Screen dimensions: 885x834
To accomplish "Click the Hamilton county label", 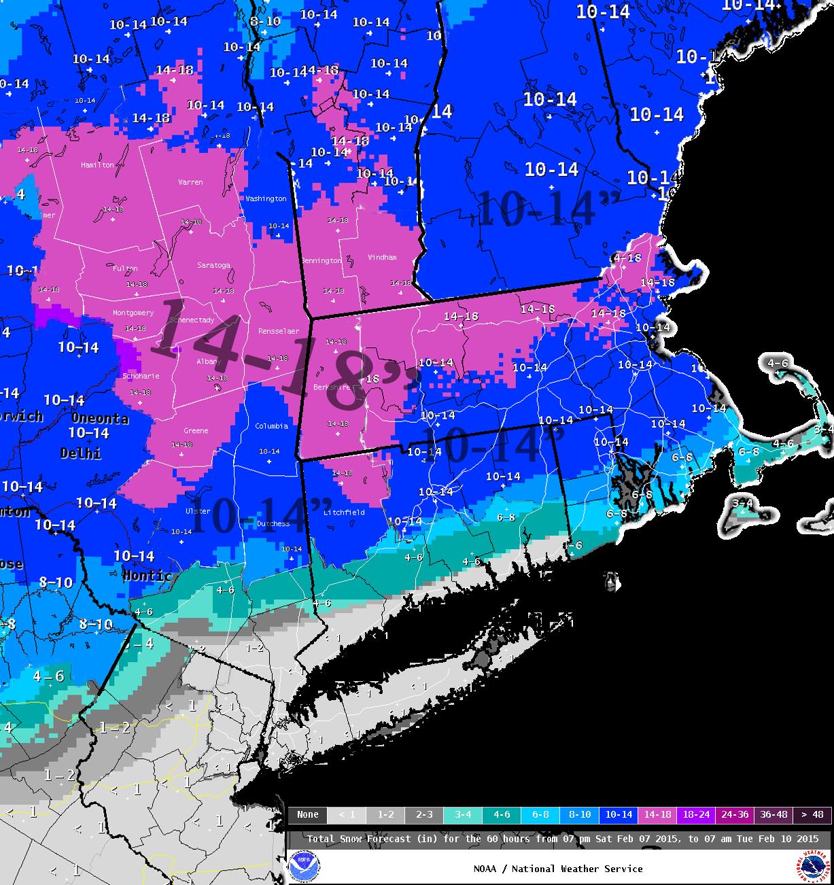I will [97, 165].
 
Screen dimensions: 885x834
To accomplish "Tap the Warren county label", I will [190, 182].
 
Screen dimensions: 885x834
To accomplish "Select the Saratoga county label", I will [213, 265].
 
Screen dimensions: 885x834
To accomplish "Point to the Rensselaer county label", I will [278, 331].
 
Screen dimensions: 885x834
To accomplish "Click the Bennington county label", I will [321, 261].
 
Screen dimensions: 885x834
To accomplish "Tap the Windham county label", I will [382, 258].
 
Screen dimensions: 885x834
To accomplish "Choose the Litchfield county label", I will [344, 513].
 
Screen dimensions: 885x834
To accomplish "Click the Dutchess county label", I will [273, 524].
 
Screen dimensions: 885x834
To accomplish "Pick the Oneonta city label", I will [100, 419].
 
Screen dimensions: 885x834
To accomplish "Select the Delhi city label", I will [80, 453].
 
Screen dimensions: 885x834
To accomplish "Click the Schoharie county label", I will [141, 376].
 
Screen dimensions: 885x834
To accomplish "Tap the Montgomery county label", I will [133, 313].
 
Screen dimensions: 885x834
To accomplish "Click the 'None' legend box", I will [307, 814].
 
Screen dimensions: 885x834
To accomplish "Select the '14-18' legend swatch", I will [657, 814].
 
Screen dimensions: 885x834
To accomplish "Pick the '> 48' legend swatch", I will [812, 814].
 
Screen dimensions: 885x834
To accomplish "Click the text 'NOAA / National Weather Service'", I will [558, 869].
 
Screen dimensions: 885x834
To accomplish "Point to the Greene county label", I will [196, 431].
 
